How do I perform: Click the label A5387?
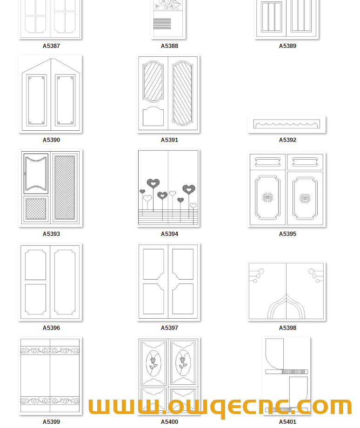pyautogui.click(x=51, y=46)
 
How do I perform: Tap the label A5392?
pyautogui.click(x=287, y=140)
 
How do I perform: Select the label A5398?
pyautogui.click(x=287, y=328)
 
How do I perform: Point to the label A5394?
pyautogui.click(x=169, y=234)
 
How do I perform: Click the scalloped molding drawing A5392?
pyautogui.click(x=287, y=124)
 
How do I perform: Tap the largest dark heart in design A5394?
pyautogui.click(x=153, y=183)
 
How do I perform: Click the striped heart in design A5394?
pyautogui.click(x=188, y=188)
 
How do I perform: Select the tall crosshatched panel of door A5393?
pyautogui.click(x=65, y=187)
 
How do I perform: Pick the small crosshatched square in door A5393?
pyautogui.click(x=36, y=209)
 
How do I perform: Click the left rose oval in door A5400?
pyautogui.click(x=153, y=363)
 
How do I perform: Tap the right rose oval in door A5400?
pyautogui.click(x=183, y=363)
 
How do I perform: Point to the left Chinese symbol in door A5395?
pyautogui.click(x=267, y=197)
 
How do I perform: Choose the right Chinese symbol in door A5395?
pyautogui.click(x=305, y=198)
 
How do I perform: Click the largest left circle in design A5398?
pyautogui.click(x=261, y=271)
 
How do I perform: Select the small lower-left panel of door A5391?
pyautogui.click(x=153, y=116)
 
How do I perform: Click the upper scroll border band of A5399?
pyautogui.click(x=50, y=350)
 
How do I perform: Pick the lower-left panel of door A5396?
pyautogui.click(x=35, y=299)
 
